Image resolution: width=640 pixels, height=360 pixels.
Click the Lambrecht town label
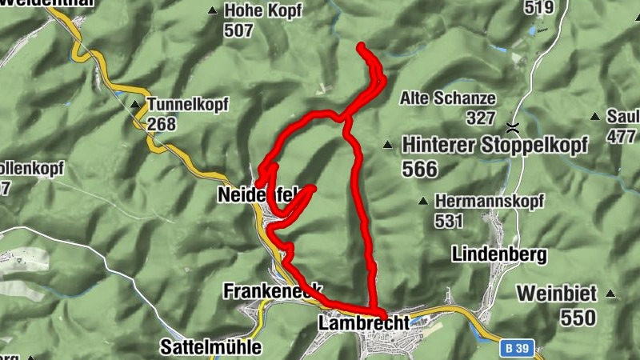pyautogui.click(x=362, y=323)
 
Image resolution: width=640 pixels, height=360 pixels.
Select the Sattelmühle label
pyautogui.click(x=210, y=347)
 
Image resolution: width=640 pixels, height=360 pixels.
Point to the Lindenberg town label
pyautogui.click(x=499, y=254)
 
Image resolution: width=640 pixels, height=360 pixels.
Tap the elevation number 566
pyautogui.click(x=420, y=169)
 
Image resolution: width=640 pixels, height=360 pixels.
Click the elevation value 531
pyautogui.click(x=450, y=219)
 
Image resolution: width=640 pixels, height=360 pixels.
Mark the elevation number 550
pyautogui.click(x=578, y=318)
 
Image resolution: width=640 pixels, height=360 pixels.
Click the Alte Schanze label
pyautogui.click(x=448, y=98)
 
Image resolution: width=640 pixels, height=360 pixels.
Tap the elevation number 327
pyautogui.click(x=482, y=118)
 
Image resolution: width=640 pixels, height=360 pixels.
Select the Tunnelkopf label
pyautogui.click(x=188, y=104)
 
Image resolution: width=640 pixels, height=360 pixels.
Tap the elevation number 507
pyautogui.click(x=238, y=31)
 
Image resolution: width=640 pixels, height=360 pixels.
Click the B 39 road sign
pyautogui.click(x=518, y=349)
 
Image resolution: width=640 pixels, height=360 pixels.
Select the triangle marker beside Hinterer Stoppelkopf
pyautogui.click(x=388, y=145)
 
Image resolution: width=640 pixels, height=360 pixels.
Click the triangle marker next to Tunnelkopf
pyautogui.click(x=134, y=103)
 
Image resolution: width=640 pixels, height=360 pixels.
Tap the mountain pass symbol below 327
pyautogui.click(x=511, y=127)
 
